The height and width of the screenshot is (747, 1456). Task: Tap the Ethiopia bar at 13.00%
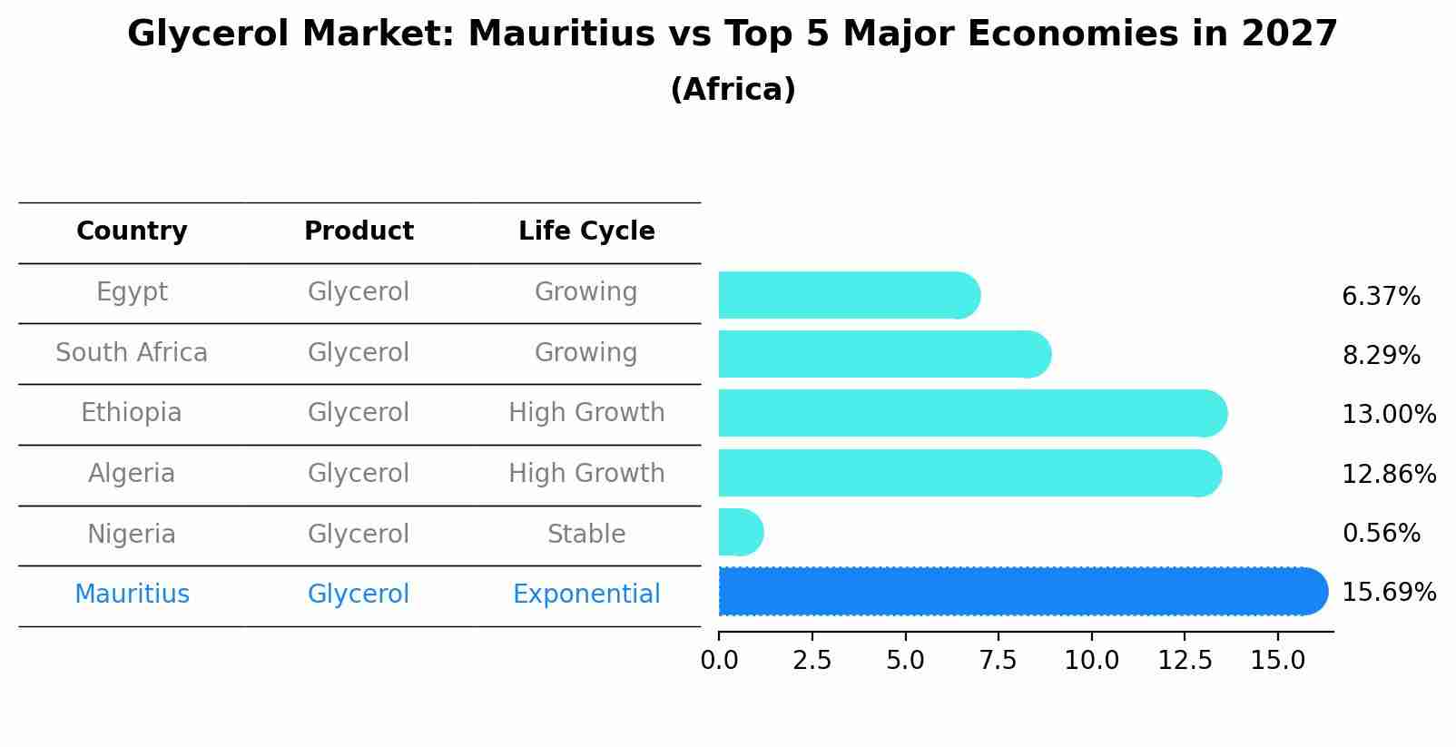(971, 414)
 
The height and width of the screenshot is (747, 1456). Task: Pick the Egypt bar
(849, 296)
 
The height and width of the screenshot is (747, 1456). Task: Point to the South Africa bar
(884, 355)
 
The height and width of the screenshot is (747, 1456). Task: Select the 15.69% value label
(1389, 593)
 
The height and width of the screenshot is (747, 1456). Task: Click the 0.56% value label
(1381, 534)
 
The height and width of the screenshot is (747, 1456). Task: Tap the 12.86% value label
(1389, 475)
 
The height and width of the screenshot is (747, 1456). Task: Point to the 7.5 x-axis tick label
(999, 661)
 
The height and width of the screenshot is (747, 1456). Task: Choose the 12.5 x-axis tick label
(1185, 661)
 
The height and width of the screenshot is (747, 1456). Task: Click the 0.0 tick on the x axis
(719, 661)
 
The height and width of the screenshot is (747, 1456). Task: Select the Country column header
(132, 231)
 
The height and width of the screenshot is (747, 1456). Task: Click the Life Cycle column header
(586, 231)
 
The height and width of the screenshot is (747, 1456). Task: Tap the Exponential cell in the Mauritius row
(586, 595)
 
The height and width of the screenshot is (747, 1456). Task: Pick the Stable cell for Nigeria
(586, 535)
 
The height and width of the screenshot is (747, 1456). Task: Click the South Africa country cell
(132, 353)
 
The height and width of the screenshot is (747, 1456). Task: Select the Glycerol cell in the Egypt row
(359, 292)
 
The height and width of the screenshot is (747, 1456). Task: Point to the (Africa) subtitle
(733, 90)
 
